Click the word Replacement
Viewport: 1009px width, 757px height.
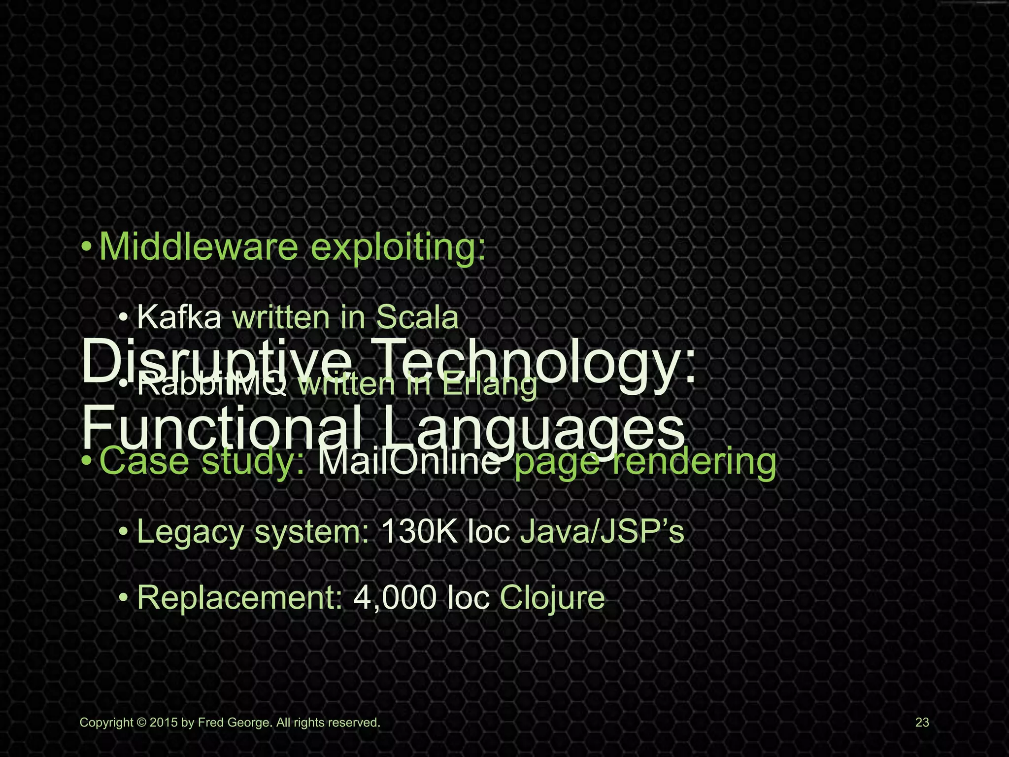pos(239,598)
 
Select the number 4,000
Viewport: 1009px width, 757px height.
pos(395,598)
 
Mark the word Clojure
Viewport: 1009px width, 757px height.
pos(552,598)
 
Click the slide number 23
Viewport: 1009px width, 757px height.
pos(922,723)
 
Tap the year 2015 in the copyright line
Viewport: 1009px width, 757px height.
pos(164,723)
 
